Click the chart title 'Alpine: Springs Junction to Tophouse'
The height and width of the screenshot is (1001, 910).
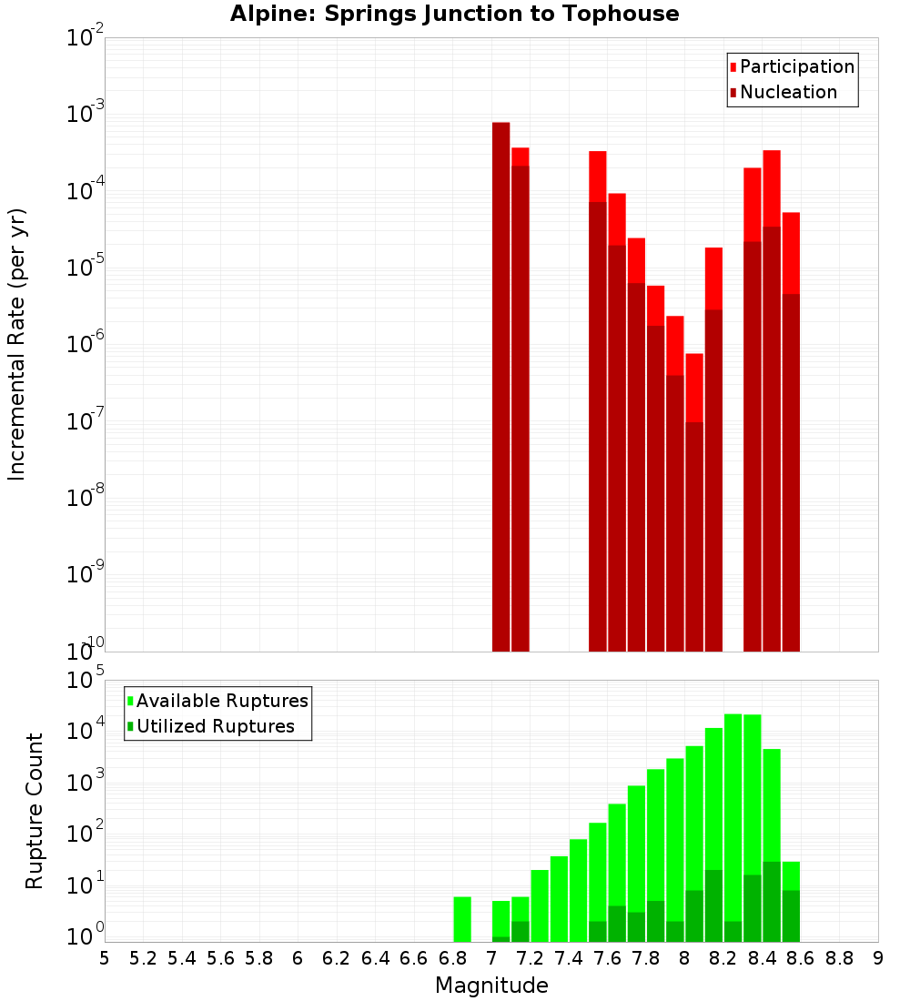coord(454,14)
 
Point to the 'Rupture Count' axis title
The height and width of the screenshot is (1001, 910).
coord(35,810)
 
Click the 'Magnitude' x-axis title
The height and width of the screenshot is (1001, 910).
coord(491,986)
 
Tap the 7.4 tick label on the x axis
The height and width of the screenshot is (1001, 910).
coord(569,958)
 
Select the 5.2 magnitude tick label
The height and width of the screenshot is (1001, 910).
coord(144,958)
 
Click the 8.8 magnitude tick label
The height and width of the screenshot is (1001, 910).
coord(839,958)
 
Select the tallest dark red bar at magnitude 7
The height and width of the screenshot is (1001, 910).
coord(500,382)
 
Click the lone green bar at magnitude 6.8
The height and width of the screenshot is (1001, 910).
coord(462,919)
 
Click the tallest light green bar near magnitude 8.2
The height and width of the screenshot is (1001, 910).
coord(733,819)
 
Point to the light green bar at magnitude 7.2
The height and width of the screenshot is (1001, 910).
coord(540,905)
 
